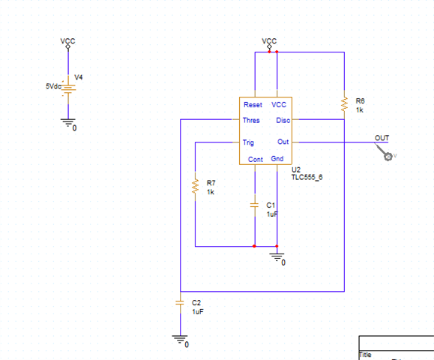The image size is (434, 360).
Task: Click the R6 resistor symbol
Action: click(344, 103)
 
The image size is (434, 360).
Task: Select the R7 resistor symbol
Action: click(195, 187)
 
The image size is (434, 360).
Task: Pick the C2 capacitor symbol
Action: click(180, 302)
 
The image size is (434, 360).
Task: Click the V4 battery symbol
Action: click(68, 88)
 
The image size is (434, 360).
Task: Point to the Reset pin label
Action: click(253, 105)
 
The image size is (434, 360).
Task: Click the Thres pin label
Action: click(251, 120)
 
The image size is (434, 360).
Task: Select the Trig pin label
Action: click(249, 142)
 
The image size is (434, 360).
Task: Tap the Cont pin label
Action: click(255, 159)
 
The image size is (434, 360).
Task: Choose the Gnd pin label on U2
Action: click(277, 159)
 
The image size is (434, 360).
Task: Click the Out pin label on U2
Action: click(283, 142)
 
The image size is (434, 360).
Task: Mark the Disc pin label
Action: click(283, 120)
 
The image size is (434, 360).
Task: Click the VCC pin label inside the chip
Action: click(279, 105)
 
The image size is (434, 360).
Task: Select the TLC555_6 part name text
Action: click(307, 178)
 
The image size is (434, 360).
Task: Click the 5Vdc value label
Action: click(54, 86)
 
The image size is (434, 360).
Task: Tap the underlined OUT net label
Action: click(382, 138)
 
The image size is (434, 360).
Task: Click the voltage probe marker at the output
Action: click(388, 155)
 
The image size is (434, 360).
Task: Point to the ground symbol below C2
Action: click(180, 340)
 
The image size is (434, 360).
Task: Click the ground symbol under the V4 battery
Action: click(68, 123)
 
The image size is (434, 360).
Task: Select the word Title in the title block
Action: click(367, 355)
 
